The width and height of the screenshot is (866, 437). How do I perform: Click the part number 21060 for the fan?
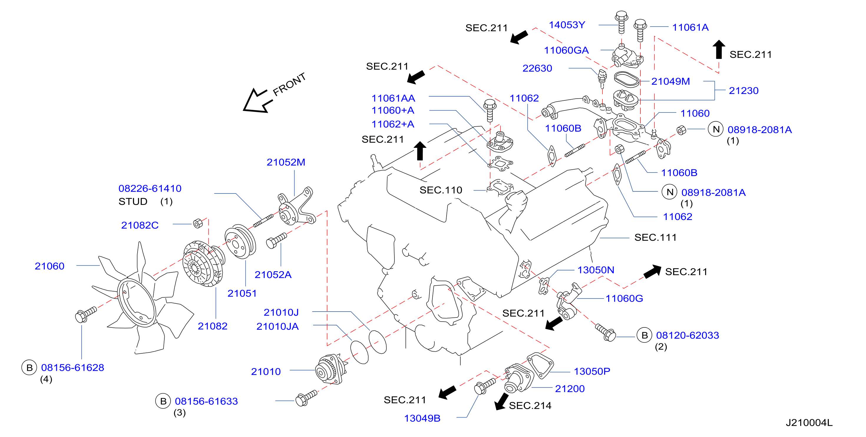pos(49,266)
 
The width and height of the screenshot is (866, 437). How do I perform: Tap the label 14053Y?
pos(567,25)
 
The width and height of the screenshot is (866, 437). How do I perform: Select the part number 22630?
pos(537,68)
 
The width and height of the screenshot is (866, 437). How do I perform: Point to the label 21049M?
pos(670,81)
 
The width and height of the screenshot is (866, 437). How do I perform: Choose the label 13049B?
pos(422,418)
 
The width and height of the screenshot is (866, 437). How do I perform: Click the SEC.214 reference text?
pos(530,406)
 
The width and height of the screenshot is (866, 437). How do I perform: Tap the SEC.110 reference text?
pos(441,190)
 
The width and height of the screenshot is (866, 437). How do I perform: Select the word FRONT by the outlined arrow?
pos(289,84)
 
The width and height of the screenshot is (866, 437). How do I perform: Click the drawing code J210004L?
pos(809,423)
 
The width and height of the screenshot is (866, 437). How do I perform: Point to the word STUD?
pos(133,202)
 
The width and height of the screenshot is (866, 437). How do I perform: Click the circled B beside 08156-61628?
pos(29,368)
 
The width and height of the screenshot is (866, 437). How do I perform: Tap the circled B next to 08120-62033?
pos(644,335)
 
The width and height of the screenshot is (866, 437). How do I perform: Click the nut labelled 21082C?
pos(198,223)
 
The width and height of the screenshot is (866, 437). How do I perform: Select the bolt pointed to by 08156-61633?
pos(306,398)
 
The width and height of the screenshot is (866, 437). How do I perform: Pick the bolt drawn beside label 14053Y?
pos(621,22)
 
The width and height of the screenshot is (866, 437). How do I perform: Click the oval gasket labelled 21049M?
pos(626,80)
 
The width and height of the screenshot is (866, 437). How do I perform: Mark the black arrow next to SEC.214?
pos(501,402)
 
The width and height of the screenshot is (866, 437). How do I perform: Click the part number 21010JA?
pos(277,326)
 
